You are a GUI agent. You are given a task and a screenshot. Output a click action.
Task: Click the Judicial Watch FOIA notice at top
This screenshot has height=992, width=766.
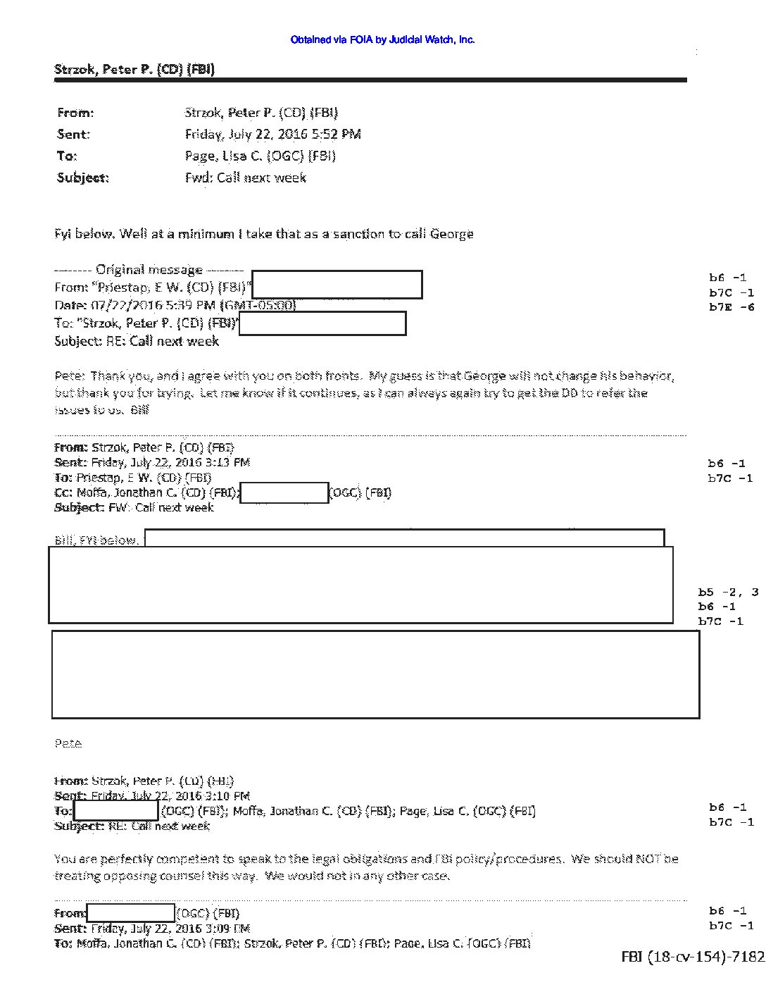[x=382, y=40]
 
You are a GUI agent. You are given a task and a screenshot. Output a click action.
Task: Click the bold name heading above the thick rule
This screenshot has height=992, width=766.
[x=134, y=69]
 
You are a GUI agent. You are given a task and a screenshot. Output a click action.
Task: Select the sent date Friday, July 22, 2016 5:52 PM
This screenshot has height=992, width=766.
[x=272, y=134]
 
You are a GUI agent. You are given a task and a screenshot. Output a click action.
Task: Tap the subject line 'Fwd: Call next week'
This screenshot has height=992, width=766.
[x=245, y=178]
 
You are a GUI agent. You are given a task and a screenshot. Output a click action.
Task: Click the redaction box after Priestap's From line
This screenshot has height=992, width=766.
[x=337, y=285]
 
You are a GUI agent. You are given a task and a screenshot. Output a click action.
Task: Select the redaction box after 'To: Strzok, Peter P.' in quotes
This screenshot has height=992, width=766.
[x=322, y=323]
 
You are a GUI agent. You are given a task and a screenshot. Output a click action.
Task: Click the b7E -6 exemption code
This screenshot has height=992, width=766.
[x=732, y=307]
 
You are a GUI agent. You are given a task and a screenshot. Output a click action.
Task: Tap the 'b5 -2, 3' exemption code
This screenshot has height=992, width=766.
[x=728, y=593]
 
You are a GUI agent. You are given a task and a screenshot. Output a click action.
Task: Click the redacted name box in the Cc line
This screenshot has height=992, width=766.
[x=284, y=492]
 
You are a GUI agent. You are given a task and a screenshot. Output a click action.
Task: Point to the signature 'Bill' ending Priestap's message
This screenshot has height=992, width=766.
[x=139, y=410]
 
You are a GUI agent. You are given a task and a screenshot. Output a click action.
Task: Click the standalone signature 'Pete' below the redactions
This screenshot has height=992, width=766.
[x=68, y=743]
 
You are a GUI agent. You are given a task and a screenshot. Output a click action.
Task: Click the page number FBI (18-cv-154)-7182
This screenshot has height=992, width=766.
[x=693, y=957]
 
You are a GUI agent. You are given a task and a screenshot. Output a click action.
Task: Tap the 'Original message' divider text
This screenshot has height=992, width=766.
[x=149, y=269]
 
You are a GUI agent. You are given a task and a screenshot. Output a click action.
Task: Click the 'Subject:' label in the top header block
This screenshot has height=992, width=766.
[x=83, y=178]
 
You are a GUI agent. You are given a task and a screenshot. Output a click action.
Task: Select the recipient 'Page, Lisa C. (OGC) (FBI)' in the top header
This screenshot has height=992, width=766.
[x=260, y=156]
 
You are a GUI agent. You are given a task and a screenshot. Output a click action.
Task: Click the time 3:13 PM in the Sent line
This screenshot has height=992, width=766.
[x=230, y=462]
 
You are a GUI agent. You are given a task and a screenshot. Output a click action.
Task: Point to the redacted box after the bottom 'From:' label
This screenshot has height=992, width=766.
[x=130, y=913]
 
